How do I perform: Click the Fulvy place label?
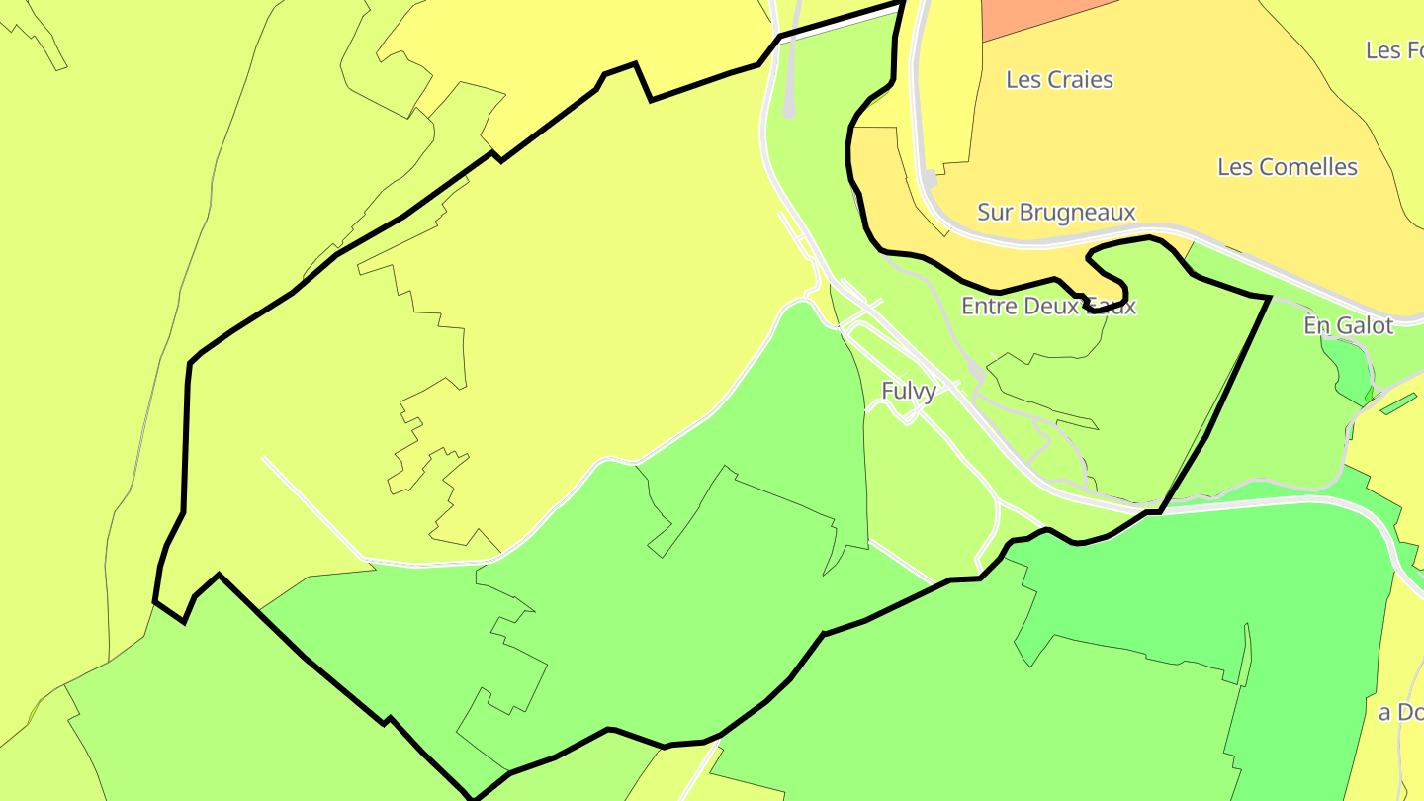(x=908, y=391)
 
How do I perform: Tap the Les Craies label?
(x=1059, y=80)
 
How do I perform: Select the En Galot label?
(x=1348, y=325)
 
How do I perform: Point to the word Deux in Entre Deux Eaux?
(x=1050, y=307)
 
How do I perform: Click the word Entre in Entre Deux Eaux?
(x=990, y=307)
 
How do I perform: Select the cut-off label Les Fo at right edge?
(x=1395, y=49)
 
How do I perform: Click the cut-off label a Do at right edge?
(x=1400, y=712)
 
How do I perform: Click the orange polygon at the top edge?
(x=1038, y=14)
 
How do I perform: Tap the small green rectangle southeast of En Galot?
(x=1398, y=403)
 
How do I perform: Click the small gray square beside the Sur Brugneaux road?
(x=930, y=179)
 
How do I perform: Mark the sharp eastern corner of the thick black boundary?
(x=1269, y=297)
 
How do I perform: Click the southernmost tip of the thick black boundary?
(x=474, y=798)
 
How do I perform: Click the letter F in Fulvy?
(x=887, y=391)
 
